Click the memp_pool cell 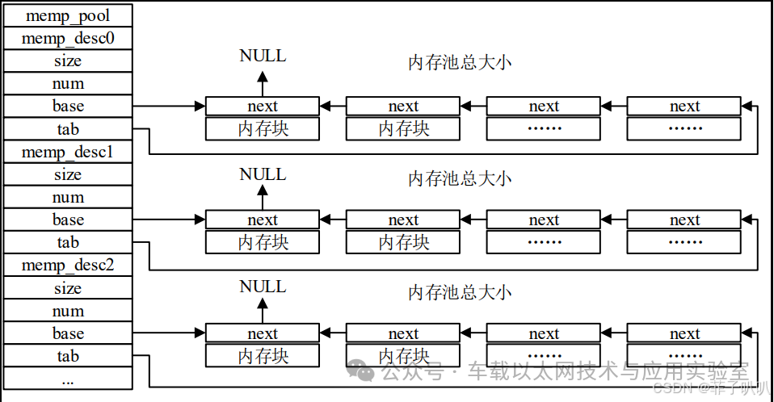[x=68, y=15]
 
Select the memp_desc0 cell [x=68, y=38]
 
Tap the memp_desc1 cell [x=68, y=152]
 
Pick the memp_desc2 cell [x=68, y=266]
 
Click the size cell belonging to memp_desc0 [x=68, y=61]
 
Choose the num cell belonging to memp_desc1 [x=68, y=197]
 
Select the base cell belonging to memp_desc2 [x=68, y=333]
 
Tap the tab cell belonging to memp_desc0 [x=68, y=129]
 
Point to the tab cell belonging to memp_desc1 [x=68, y=242]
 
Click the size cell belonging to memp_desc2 [x=68, y=288]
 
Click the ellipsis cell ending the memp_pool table [x=68, y=379]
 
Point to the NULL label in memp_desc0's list [x=263, y=56]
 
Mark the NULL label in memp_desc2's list [x=263, y=287]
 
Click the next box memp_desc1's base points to [x=263, y=220]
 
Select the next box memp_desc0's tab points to [x=684, y=106]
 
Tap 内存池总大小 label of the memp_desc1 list [x=460, y=178]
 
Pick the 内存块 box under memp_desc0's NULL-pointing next [x=263, y=129]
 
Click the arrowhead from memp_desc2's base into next [x=200, y=333]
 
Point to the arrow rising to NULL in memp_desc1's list [x=263, y=196]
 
